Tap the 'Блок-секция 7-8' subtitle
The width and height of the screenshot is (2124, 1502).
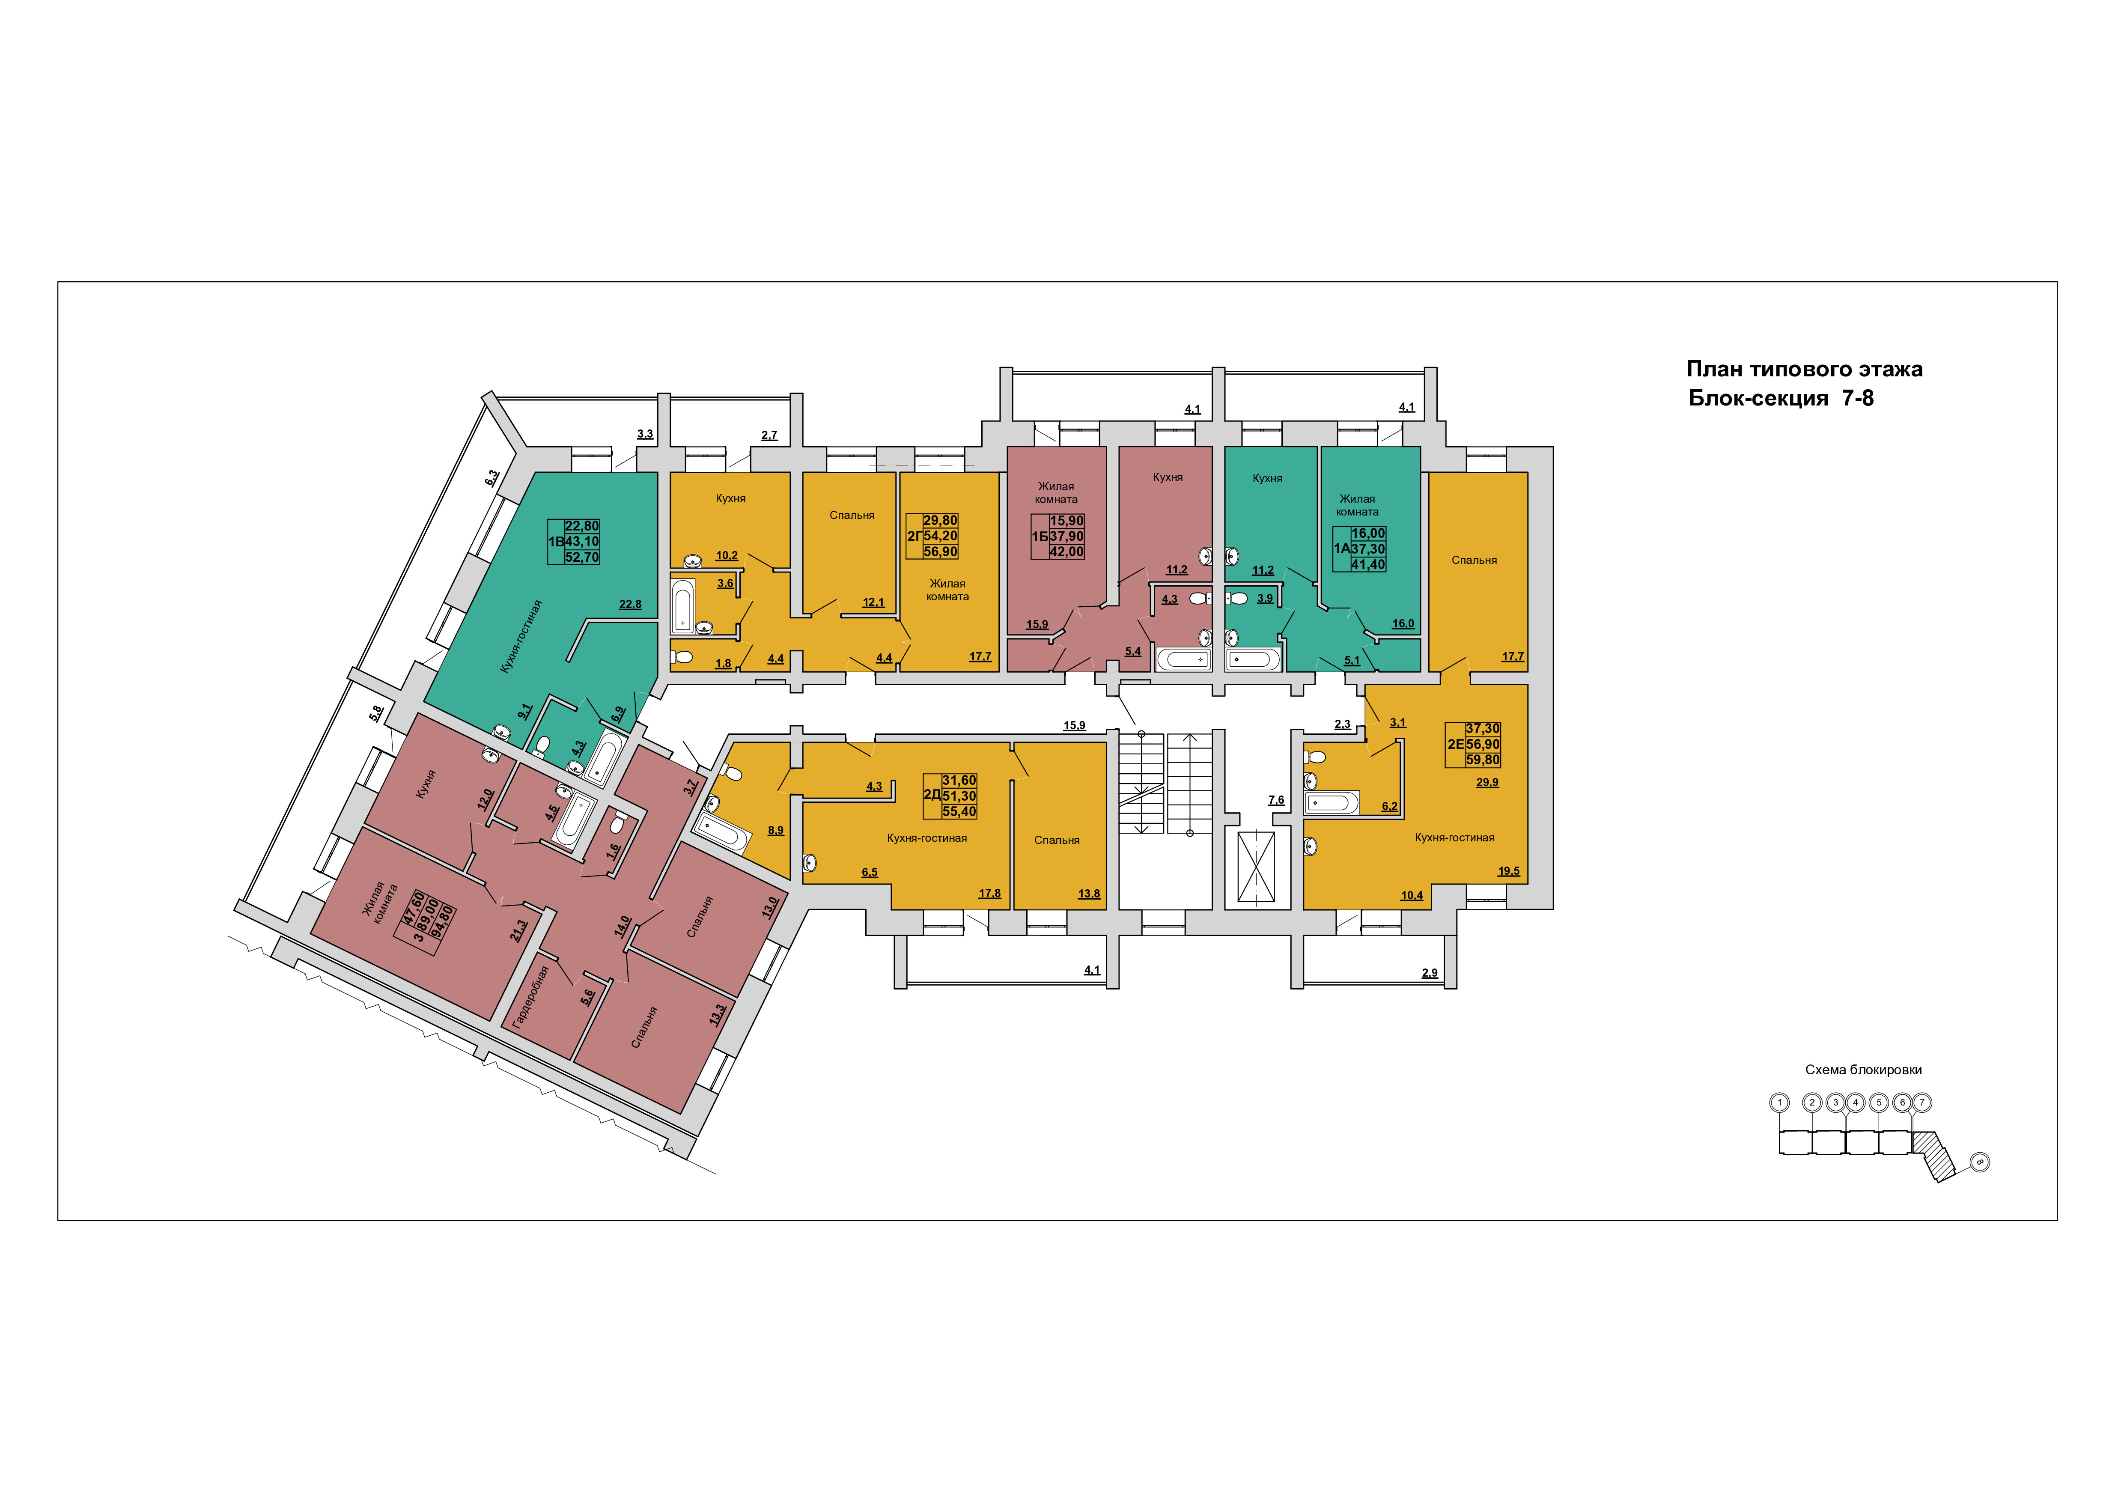(x=1781, y=399)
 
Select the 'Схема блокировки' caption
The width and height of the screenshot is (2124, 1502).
(x=1863, y=1070)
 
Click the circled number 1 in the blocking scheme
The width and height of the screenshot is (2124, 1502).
(x=1779, y=1103)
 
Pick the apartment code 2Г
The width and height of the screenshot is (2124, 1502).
(x=914, y=536)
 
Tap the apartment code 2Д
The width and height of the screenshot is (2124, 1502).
(x=932, y=796)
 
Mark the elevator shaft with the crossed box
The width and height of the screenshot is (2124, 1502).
(x=1256, y=867)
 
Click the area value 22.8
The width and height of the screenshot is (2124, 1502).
(x=630, y=605)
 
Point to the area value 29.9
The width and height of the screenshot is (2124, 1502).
(x=1487, y=782)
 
